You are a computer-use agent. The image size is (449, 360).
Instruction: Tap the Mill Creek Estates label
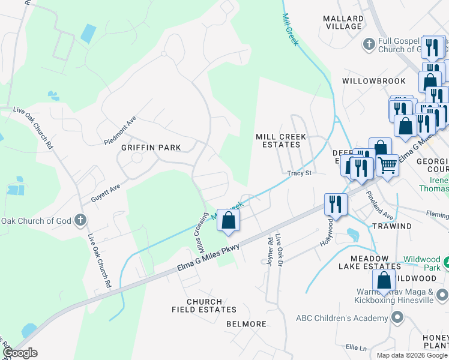point(281,140)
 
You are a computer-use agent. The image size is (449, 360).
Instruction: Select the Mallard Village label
point(343,22)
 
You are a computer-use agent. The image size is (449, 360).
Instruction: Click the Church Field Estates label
point(204,305)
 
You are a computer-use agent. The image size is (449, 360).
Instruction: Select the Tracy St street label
point(300,173)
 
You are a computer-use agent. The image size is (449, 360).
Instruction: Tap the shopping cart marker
point(388,164)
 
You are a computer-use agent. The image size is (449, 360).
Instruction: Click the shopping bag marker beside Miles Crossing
point(228,220)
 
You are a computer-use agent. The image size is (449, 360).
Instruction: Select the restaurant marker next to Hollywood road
point(335,203)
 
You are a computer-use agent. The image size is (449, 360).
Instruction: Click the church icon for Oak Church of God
point(79,220)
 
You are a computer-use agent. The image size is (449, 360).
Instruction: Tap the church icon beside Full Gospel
point(369,44)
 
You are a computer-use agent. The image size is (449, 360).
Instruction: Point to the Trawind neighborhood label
point(391,226)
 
